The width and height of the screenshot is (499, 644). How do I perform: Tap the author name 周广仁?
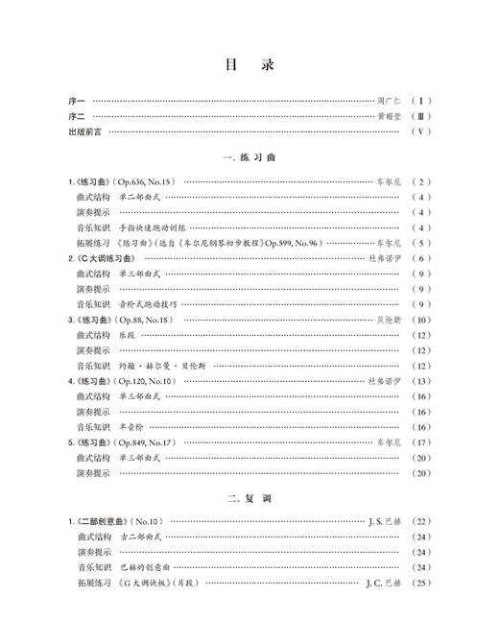(x=392, y=100)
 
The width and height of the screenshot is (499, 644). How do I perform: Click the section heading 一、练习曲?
(x=249, y=157)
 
